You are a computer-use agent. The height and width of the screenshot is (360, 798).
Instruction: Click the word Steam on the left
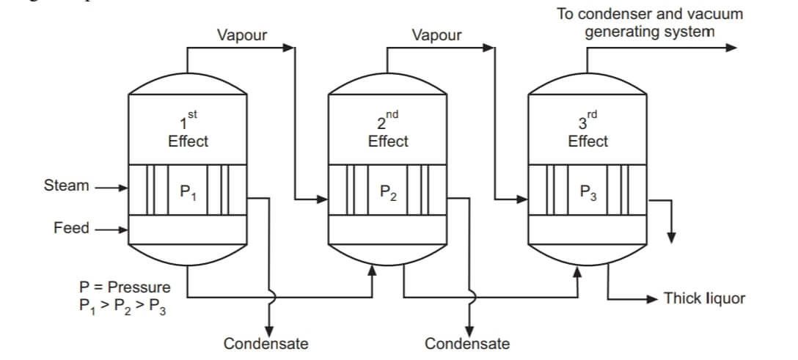click(66, 185)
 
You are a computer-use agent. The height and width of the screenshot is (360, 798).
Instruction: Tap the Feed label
click(71, 228)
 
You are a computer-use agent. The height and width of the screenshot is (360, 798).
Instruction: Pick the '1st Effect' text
click(188, 132)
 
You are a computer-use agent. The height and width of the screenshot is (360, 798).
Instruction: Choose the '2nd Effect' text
click(387, 132)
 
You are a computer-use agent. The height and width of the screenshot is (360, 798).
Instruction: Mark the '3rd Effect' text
click(587, 132)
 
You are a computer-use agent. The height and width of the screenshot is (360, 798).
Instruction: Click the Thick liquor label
click(704, 298)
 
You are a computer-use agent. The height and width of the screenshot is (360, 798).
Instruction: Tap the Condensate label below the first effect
click(266, 343)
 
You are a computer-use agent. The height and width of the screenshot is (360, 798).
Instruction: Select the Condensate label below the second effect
click(467, 343)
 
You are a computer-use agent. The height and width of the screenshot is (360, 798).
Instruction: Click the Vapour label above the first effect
click(242, 34)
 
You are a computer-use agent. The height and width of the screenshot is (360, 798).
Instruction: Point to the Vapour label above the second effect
click(437, 34)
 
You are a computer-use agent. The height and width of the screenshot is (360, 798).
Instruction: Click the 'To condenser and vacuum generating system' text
click(649, 23)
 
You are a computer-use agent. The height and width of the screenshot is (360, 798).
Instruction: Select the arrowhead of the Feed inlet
click(122, 229)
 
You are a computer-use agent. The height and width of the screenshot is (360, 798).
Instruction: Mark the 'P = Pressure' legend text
click(125, 287)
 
